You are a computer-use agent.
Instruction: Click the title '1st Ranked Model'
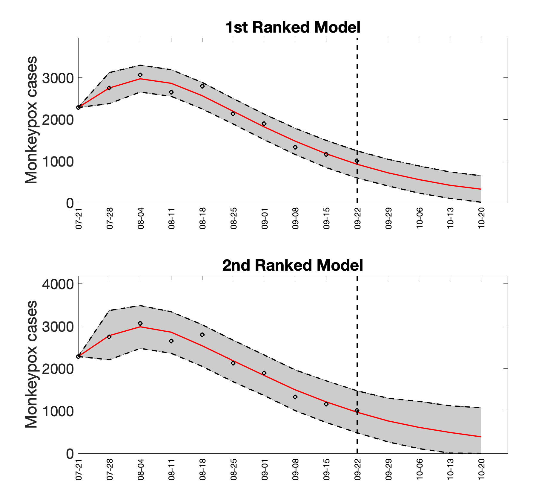tap(293, 28)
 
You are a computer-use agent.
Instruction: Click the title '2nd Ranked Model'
tap(293, 265)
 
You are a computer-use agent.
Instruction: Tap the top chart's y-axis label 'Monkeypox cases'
tap(31, 120)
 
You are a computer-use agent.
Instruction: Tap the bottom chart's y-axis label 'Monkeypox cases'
tap(31, 365)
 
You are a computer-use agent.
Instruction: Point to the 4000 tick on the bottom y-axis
tap(58, 284)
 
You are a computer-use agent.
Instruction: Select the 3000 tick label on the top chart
tap(58, 78)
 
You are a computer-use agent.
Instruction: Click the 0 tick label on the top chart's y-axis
tap(70, 203)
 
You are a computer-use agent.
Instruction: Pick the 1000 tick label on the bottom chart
tap(58, 411)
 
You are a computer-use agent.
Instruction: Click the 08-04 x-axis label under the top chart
tap(141, 222)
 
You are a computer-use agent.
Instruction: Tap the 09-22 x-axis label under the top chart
tap(357, 222)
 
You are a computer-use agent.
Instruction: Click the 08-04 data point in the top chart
tap(140, 75)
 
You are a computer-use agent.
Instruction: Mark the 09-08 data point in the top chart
tap(295, 147)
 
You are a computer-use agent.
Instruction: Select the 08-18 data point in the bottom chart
tap(202, 335)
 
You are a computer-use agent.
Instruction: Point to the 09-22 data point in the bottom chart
tap(357, 410)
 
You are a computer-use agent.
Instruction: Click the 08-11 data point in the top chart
tap(171, 92)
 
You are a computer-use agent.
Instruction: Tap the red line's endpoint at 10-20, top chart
tap(481, 189)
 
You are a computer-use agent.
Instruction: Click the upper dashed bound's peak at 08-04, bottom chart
tap(140, 306)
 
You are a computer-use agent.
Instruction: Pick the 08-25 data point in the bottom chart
tap(233, 363)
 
